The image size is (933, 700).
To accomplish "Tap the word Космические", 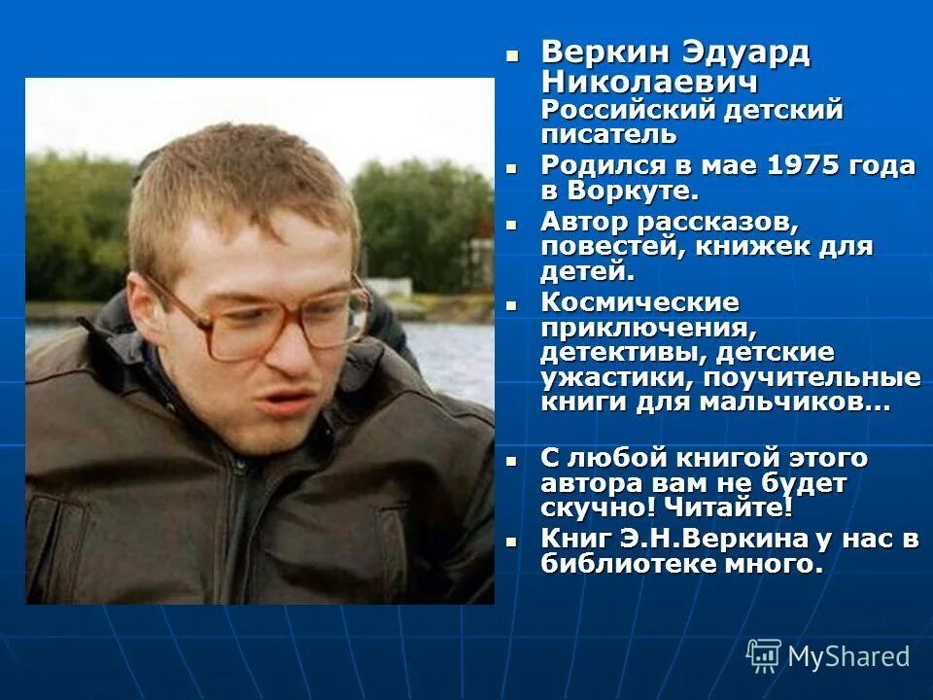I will click(x=639, y=302).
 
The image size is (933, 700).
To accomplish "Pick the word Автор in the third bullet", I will click(x=580, y=223).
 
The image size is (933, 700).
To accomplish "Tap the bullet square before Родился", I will click(x=512, y=165).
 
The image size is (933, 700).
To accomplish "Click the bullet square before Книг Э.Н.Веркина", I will click(x=512, y=540).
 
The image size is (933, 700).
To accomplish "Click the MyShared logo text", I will click(x=848, y=656).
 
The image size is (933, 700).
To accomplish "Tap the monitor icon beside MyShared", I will click(x=764, y=655).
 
